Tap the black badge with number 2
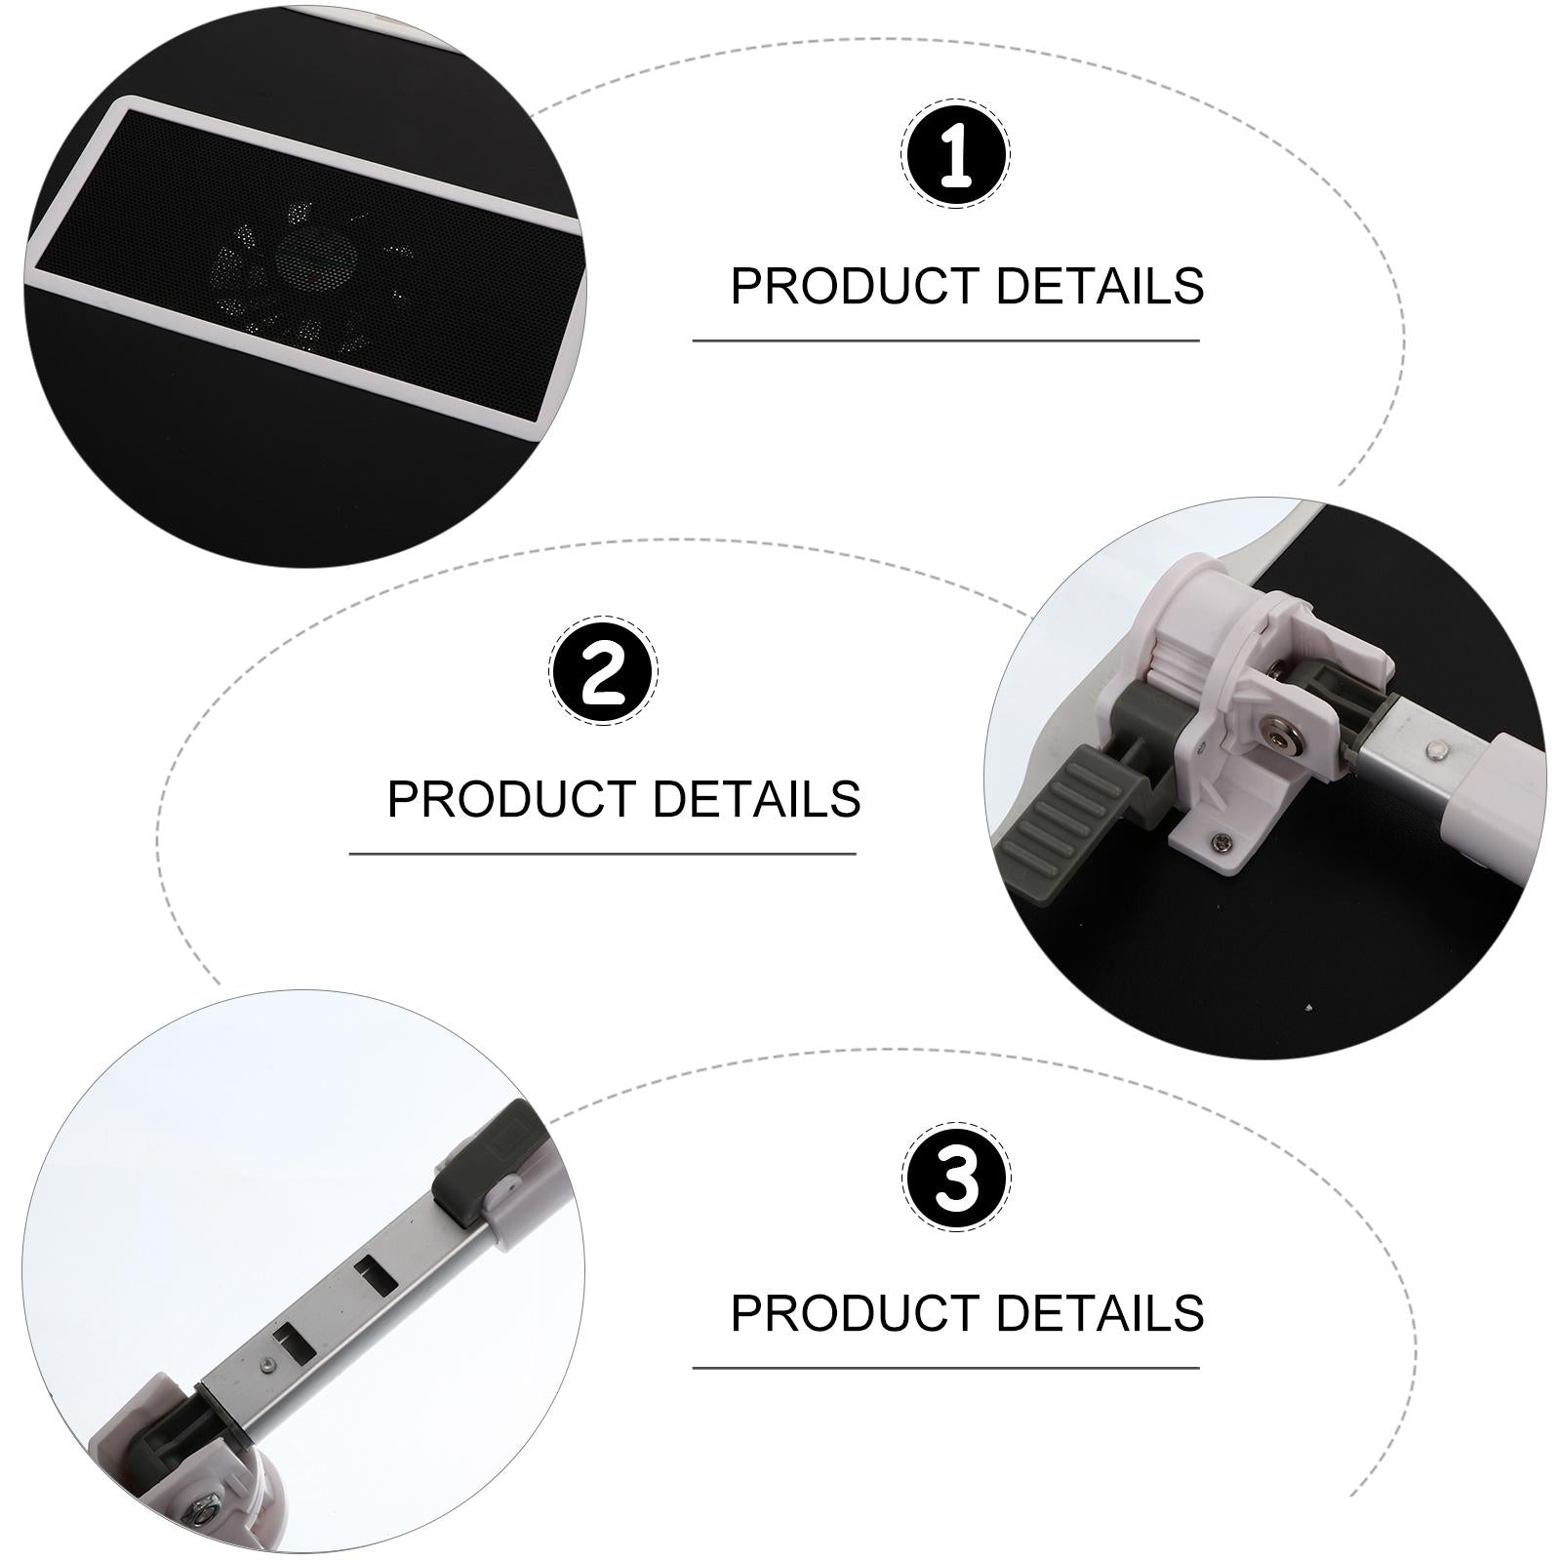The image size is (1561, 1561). (604, 671)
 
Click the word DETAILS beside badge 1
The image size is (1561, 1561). (1100, 286)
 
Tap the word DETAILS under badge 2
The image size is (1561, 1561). (756, 798)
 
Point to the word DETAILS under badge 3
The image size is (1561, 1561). (1100, 1312)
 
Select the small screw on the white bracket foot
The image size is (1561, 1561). (1219, 835)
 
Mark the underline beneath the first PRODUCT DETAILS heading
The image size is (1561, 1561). (945, 341)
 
